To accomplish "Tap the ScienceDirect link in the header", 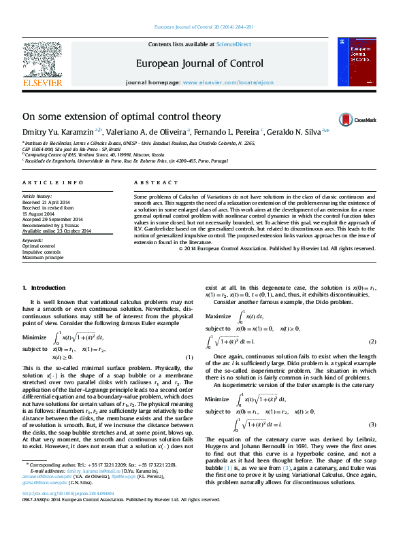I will (233, 44).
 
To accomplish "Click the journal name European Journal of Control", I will (199, 64).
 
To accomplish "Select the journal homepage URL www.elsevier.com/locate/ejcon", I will (228, 82).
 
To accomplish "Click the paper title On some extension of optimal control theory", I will (121, 117).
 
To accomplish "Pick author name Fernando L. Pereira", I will (221, 131).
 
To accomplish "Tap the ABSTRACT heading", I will (151, 183).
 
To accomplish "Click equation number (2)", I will (372, 341).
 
